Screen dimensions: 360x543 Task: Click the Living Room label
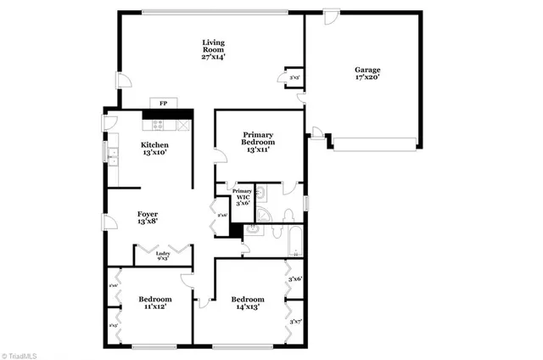click(x=213, y=49)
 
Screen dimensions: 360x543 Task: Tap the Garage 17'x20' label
click(x=367, y=73)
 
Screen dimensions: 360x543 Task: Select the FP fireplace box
click(x=161, y=104)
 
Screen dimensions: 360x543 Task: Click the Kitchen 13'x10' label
click(x=154, y=149)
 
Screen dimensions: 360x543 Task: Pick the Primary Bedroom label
click(x=259, y=140)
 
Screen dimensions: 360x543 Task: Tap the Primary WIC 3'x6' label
click(x=243, y=197)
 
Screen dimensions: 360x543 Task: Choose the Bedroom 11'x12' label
click(x=155, y=303)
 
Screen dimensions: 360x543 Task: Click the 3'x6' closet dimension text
click(x=295, y=278)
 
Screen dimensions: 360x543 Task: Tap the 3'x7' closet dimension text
click(x=295, y=322)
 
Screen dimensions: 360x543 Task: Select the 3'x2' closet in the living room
click(x=294, y=77)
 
